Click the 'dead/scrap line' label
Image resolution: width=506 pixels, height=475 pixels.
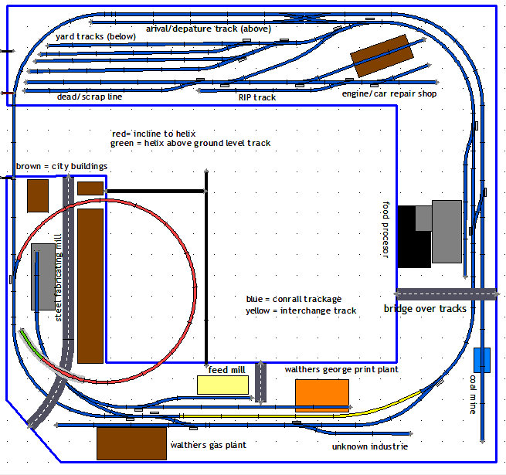click(90, 97)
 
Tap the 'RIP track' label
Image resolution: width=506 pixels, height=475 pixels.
click(257, 97)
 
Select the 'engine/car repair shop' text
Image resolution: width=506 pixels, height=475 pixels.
click(389, 94)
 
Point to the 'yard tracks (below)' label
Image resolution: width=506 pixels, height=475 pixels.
click(96, 36)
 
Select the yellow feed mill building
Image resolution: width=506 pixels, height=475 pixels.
click(222, 385)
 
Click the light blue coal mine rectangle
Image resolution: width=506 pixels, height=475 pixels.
click(482, 360)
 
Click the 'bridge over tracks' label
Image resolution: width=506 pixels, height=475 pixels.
click(425, 309)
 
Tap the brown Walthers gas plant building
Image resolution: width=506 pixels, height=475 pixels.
click(132, 443)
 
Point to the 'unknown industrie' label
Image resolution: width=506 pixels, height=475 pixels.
click(370, 446)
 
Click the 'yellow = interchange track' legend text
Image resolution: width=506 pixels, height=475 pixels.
click(301, 310)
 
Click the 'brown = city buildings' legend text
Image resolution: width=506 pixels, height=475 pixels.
click(62, 166)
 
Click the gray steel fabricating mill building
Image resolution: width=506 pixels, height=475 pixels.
click(43, 277)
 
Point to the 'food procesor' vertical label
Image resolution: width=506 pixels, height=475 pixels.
click(386, 230)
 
